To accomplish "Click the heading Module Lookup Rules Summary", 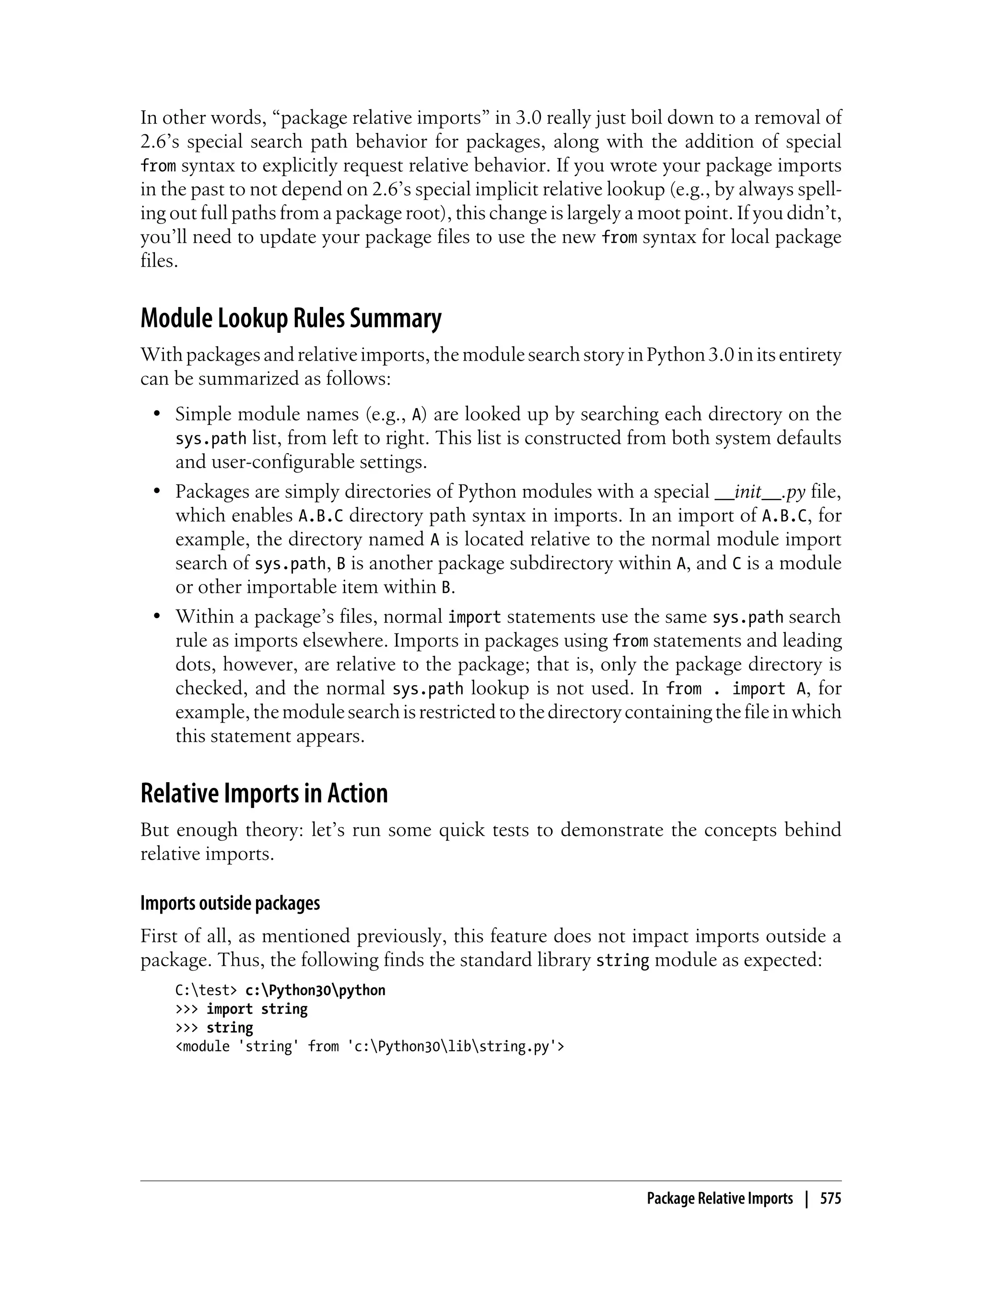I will [x=291, y=319].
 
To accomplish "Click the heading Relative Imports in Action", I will [x=264, y=794].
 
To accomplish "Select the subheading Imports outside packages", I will [x=230, y=903].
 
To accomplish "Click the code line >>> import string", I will [x=241, y=1009].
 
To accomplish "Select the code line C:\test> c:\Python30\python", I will [x=280, y=990].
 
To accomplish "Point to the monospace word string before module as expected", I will [x=622, y=961].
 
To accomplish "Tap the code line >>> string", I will [x=214, y=1028].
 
